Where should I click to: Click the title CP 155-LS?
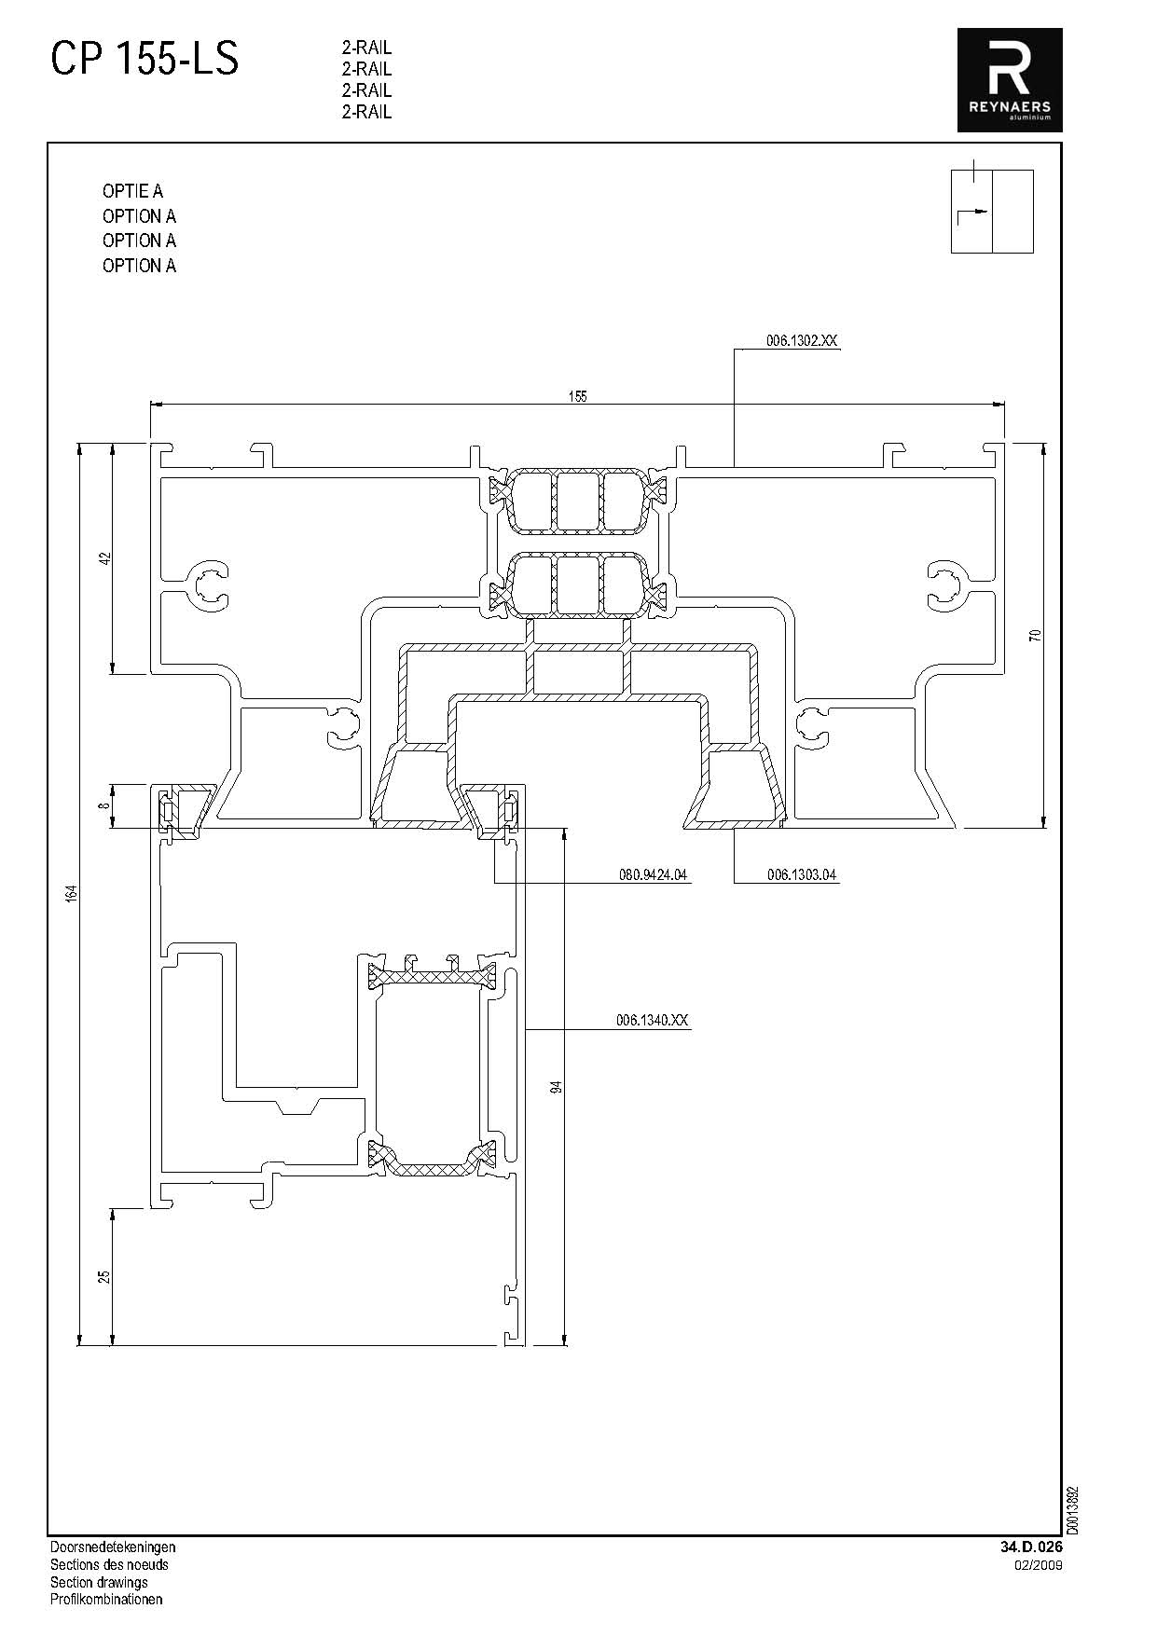click(x=145, y=60)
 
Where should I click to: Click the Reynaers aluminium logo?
click(x=1010, y=80)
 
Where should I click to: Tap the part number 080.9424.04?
click(x=653, y=875)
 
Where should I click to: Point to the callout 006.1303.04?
click(x=802, y=875)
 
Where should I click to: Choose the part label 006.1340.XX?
click(x=652, y=1021)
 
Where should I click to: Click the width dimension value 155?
click(x=578, y=396)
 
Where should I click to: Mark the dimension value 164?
click(x=71, y=893)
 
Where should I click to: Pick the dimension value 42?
click(x=105, y=558)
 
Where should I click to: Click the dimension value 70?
click(x=1034, y=636)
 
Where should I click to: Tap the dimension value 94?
click(x=557, y=1087)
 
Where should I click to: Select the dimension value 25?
click(x=105, y=1276)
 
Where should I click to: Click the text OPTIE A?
click(x=132, y=191)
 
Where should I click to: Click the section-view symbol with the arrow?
click(x=992, y=211)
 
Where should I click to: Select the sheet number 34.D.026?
click(x=1031, y=1547)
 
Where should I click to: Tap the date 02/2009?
click(x=1039, y=1565)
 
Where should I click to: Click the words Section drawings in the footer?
click(x=99, y=1582)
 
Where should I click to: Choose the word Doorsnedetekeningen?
click(x=112, y=1547)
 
